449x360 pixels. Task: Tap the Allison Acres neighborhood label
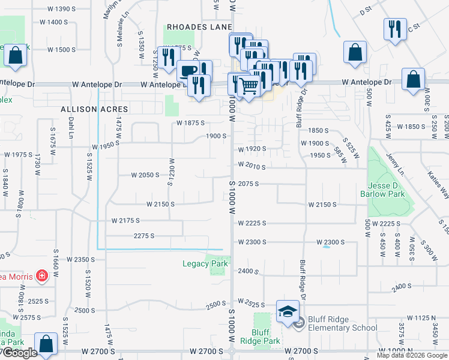tap(94, 110)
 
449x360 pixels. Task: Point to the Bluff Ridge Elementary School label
tap(342, 323)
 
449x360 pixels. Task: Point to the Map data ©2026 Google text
tap(412, 355)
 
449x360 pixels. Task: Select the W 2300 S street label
tap(251, 242)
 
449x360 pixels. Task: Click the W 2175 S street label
tap(125, 221)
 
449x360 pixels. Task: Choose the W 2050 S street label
tap(146, 175)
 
